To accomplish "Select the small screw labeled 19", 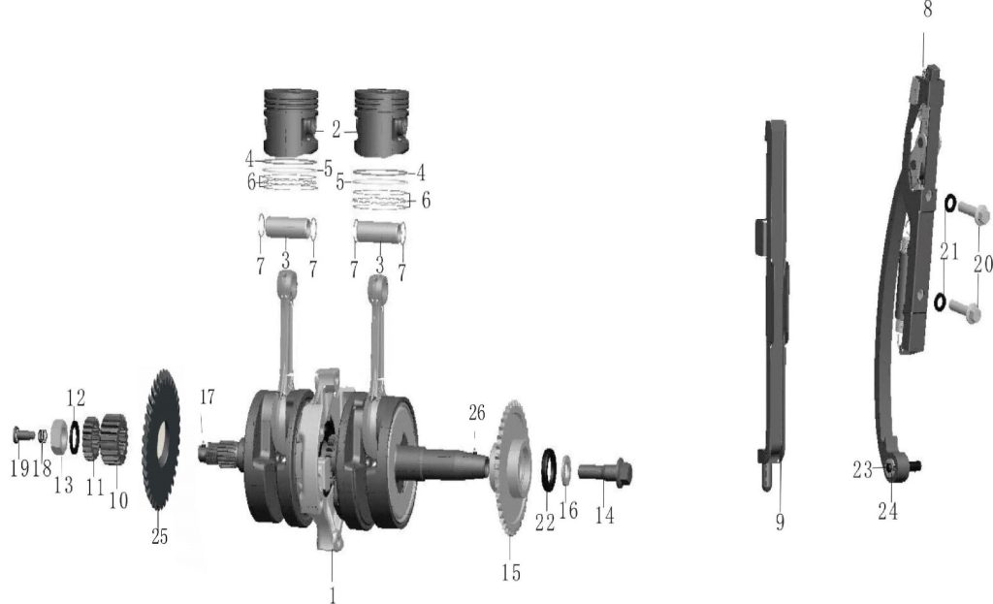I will coord(22,435).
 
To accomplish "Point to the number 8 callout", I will coord(927,10).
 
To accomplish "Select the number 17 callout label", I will coord(207,397).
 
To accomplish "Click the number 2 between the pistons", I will coord(336,128).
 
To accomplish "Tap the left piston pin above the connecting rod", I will coord(286,231).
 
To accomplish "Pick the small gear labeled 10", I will coord(114,437).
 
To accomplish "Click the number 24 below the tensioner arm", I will coord(887,511).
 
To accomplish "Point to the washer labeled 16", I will coord(568,471).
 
